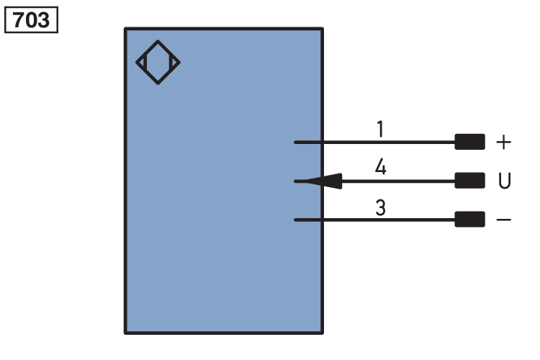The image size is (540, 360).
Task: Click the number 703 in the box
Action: coord(31,20)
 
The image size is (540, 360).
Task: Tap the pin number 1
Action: coord(380,129)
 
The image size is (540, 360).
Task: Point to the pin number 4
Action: coord(381,167)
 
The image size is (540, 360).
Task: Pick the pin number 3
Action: coord(381,207)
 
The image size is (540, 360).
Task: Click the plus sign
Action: coord(503,142)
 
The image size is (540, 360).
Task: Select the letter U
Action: coord(505,181)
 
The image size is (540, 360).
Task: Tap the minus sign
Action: coord(503,220)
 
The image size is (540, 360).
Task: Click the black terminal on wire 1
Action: coord(469,142)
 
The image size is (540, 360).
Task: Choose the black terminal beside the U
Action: coord(469,181)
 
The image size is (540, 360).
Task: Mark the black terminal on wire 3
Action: coord(469,220)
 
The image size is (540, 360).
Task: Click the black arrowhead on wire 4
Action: coord(324,181)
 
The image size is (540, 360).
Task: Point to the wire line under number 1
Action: coord(374,142)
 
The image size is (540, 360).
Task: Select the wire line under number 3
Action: coord(374,220)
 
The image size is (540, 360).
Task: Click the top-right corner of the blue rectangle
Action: coord(323,29)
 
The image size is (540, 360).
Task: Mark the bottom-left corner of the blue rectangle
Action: coord(125,333)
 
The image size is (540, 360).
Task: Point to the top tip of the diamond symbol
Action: coord(158,40)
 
